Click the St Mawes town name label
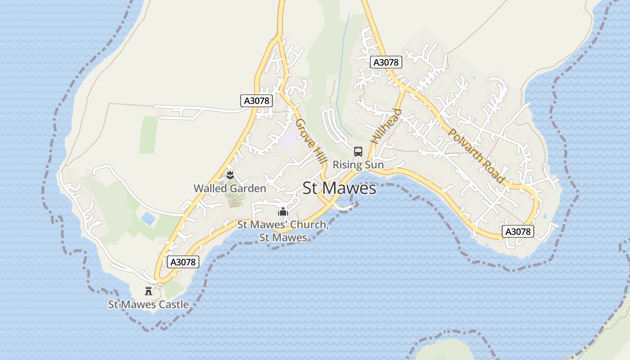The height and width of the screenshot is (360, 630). (339, 188)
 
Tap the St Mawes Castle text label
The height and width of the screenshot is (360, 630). (148, 305)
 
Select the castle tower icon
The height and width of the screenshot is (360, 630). (148, 291)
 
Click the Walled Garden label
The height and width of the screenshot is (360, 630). (230, 189)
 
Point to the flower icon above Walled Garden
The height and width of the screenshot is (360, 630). (230, 175)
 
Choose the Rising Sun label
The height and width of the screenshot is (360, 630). (358, 165)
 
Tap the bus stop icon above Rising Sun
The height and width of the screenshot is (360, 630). (358, 152)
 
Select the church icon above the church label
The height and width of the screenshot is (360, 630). (283, 211)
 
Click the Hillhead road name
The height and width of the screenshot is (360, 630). (386, 126)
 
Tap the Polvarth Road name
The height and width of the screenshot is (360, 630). (476, 156)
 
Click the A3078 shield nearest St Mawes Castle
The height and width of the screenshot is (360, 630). (183, 262)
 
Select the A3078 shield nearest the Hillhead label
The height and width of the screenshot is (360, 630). (386, 62)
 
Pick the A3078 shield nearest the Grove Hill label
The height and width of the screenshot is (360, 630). (257, 100)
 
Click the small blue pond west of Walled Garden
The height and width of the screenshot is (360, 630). (148, 219)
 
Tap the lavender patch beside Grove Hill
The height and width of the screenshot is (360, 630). (288, 140)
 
